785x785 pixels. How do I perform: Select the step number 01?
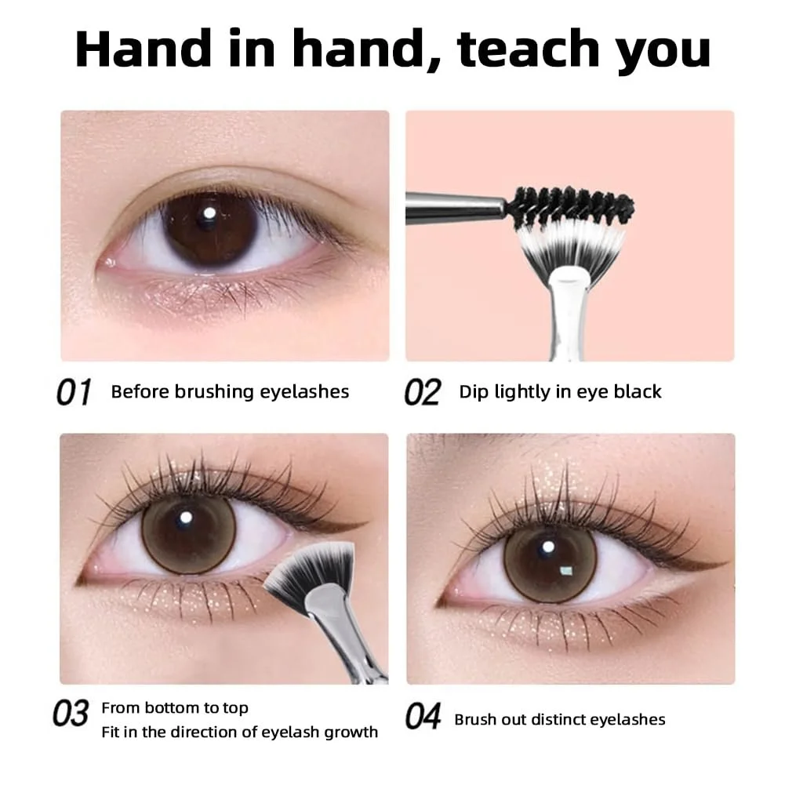pos(74,392)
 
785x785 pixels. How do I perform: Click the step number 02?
pos(423,392)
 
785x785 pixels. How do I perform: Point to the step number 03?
pos(71,714)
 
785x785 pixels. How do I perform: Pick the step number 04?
pos(423,716)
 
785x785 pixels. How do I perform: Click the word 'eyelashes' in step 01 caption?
pos(304,392)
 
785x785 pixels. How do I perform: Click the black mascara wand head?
pos(572,207)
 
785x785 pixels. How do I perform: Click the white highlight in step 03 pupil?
pos(186,517)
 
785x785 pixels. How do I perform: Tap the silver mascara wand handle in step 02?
pos(456,207)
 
